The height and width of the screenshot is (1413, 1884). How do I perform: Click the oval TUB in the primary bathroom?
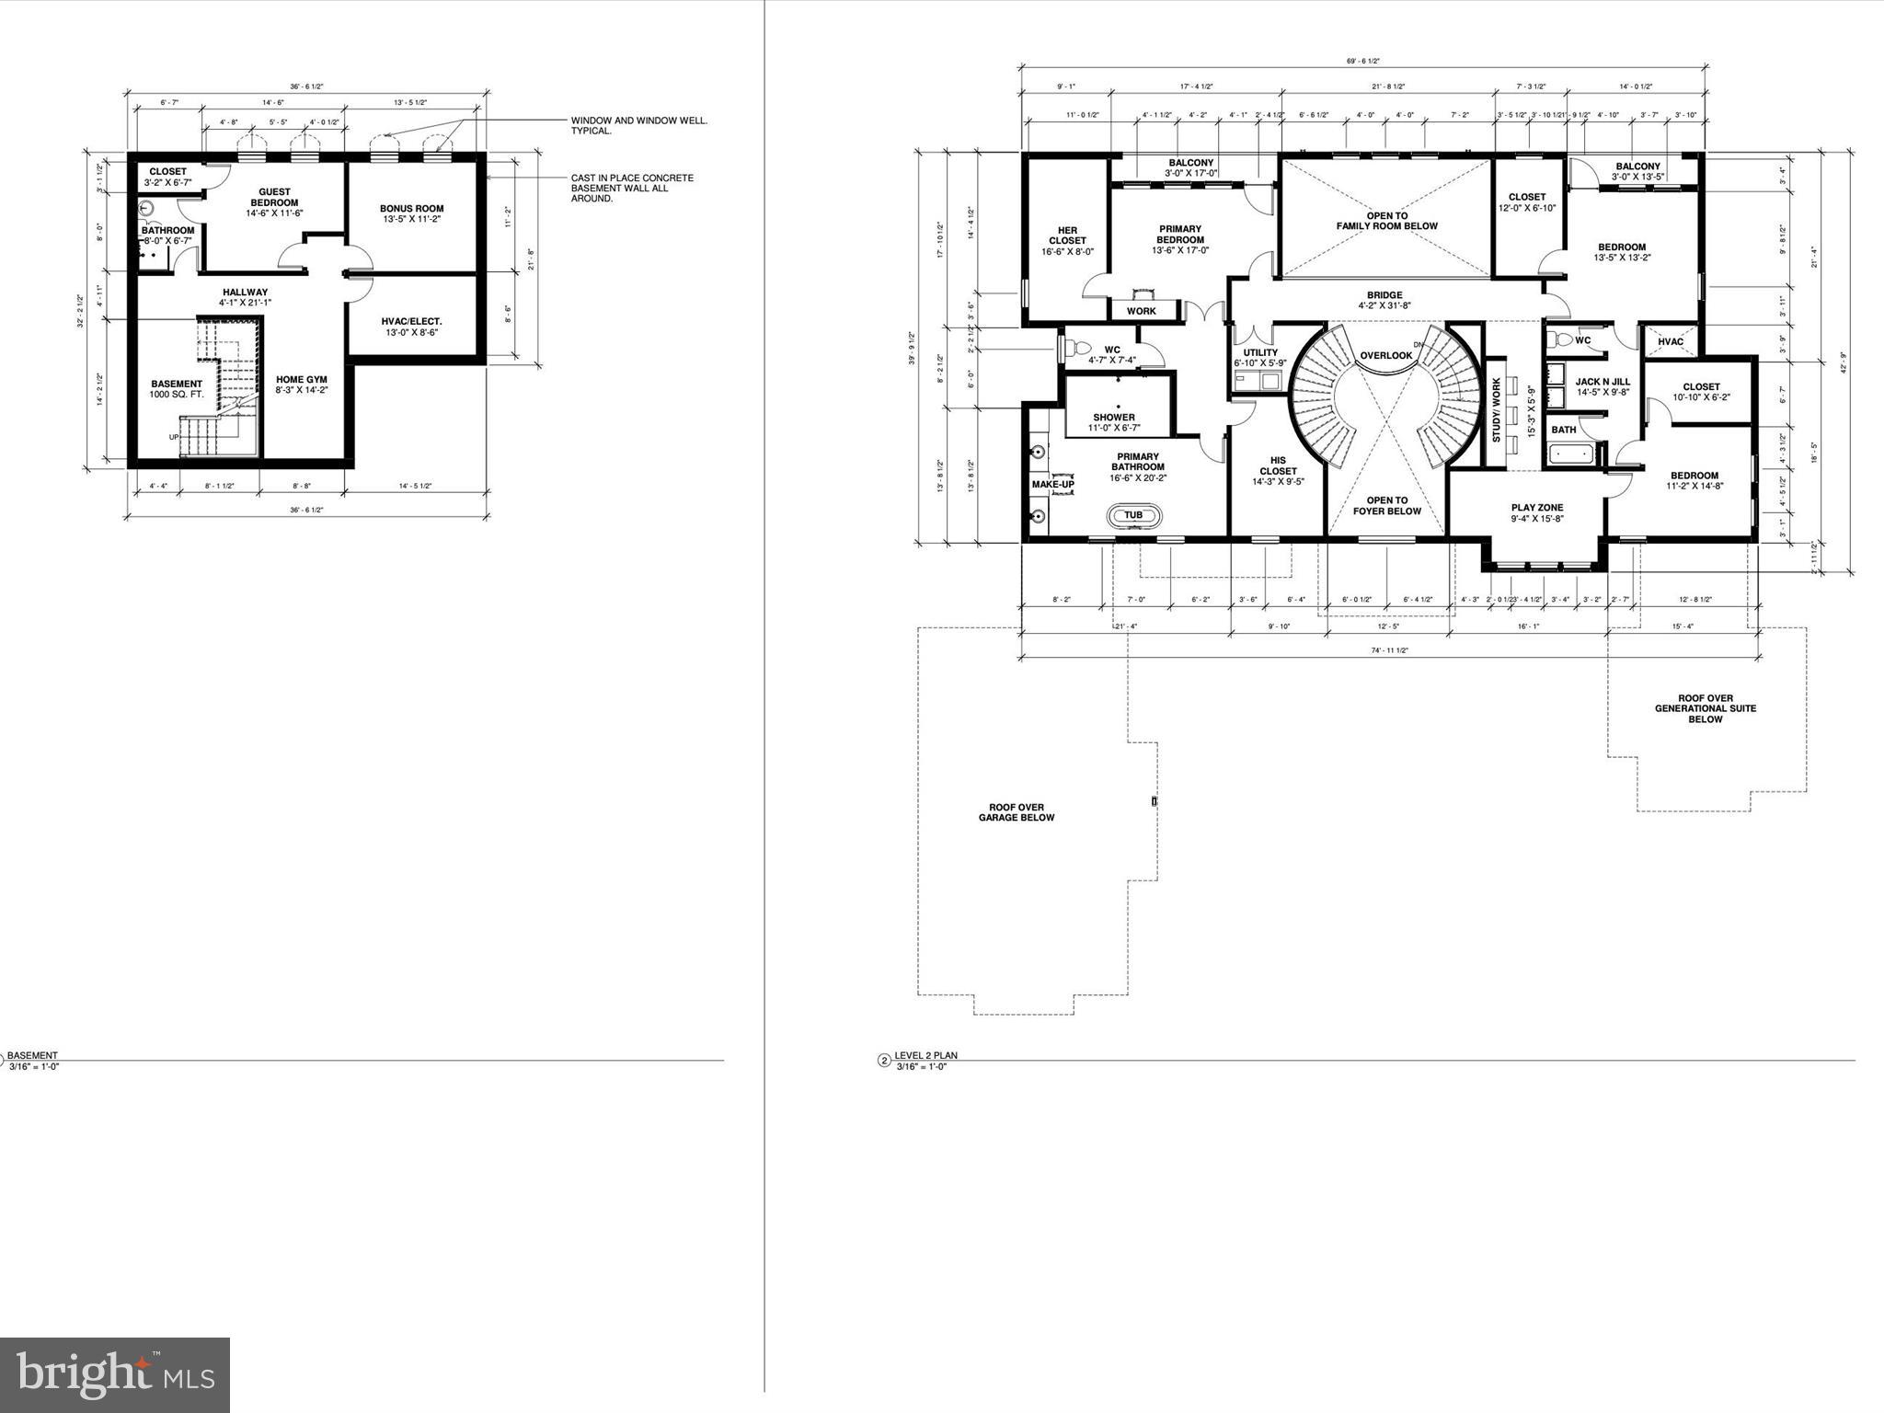pos(1133,515)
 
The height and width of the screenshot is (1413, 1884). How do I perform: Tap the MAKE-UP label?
pos(1052,484)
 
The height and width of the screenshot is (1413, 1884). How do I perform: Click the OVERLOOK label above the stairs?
pos(1385,355)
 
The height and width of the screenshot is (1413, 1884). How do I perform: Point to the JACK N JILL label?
pos(1602,382)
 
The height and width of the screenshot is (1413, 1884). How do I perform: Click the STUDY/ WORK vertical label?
pos(1496,410)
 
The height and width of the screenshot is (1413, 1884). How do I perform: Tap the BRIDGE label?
pos(1384,295)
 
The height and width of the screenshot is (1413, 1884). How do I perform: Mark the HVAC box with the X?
pos(1671,341)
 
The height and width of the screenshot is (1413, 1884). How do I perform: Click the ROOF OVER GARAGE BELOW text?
pos(1016,812)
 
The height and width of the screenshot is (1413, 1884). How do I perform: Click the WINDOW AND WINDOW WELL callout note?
pos(638,125)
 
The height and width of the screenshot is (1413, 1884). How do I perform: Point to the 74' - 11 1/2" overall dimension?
pos(1389,650)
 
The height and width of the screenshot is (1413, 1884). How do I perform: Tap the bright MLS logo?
pos(115,1375)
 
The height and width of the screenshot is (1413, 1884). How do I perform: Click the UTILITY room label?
pos(1259,352)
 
